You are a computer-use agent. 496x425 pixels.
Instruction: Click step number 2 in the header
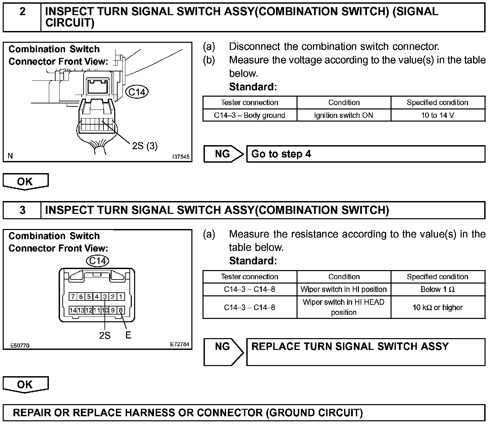tap(22, 12)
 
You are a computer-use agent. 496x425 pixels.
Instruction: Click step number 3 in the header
tap(22, 210)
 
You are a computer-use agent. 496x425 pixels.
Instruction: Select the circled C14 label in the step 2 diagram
tap(137, 92)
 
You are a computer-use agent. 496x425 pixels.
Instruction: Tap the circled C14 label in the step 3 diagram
tap(98, 261)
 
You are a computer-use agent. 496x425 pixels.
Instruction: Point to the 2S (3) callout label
tap(145, 146)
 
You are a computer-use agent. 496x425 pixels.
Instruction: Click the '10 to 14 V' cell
tap(438, 115)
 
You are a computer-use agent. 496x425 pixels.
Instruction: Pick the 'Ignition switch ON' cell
tap(344, 115)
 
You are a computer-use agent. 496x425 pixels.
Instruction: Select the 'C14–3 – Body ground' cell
tap(249, 115)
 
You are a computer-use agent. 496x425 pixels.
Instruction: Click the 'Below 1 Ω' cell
tap(438, 289)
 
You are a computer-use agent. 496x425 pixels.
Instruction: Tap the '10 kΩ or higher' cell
tap(438, 307)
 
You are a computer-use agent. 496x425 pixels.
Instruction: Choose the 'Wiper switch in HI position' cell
tap(344, 289)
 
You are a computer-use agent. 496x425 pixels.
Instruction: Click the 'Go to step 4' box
tap(366, 154)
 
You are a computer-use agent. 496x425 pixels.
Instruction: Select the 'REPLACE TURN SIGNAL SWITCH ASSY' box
tap(366, 352)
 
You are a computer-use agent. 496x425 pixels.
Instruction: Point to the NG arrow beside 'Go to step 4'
tap(223, 154)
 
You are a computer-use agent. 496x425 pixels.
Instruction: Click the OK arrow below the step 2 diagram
tap(25, 182)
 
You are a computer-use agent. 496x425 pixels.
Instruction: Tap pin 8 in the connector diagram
tap(121, 310)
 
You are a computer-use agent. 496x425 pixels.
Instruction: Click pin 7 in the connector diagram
tap(73, 297)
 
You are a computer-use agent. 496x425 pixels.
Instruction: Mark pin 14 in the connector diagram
tap(73, 310)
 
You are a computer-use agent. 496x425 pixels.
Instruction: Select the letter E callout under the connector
tap(128, 335)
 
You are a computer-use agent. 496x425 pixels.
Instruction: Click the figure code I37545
tap(181, 157)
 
